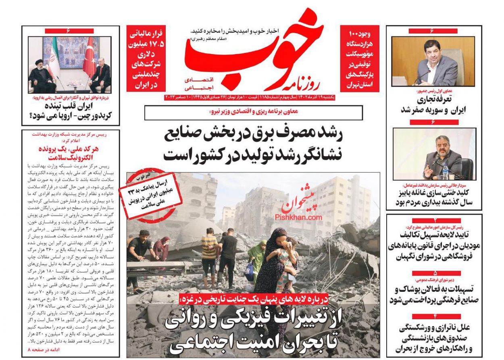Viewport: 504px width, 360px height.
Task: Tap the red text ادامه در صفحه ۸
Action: [x=44, y=350]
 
